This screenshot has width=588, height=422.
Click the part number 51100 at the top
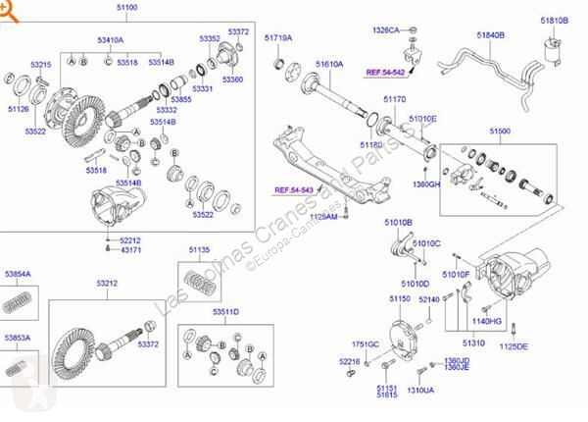coord(126,9)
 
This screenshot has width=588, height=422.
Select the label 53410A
coord(111,40)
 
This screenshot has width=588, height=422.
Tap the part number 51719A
coord(278,37)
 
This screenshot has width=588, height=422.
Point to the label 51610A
coord(329,64)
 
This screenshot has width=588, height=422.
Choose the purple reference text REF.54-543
coord(293,189)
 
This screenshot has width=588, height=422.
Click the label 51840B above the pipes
coord(490,34)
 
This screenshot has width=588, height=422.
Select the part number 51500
coord(499,131)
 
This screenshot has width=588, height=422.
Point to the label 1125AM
coord(323,216)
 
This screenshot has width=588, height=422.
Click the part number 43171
coord(131,251)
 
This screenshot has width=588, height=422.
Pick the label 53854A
coord(18,274)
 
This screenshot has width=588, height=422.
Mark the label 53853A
coord(18,338)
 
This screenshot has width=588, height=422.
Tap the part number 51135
coord(199,250)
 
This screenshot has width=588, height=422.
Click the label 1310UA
coord(421,390)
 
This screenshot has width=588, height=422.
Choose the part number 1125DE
coord(513,346)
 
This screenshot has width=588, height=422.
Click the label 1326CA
coord(385,30)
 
